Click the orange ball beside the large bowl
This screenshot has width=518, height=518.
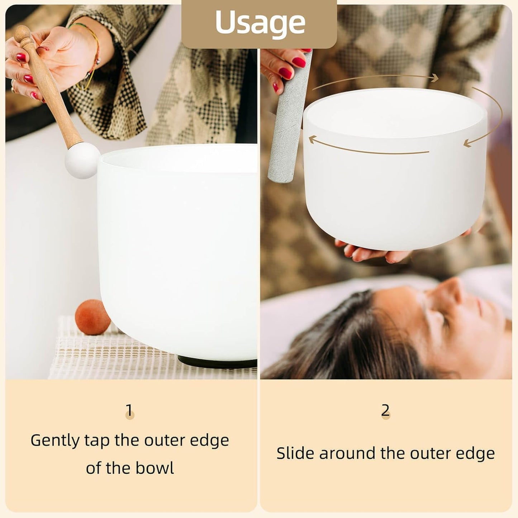tap(93, 317)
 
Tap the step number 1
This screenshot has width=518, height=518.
tap(129, 410)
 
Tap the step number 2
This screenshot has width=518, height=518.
tap(385, 410)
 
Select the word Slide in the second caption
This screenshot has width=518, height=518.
tap(295, 453)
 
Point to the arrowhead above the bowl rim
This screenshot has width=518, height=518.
tap(434, 77)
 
